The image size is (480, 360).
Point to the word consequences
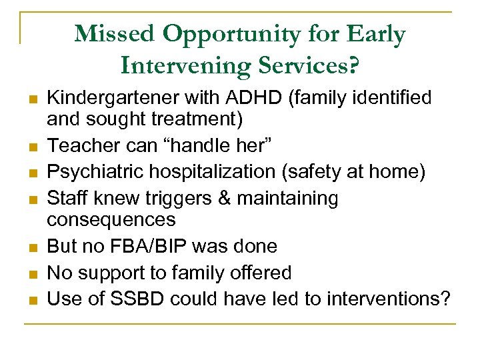coord(111,219)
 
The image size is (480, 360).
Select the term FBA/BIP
coord(163,246)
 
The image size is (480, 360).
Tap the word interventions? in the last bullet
coord(387,299)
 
